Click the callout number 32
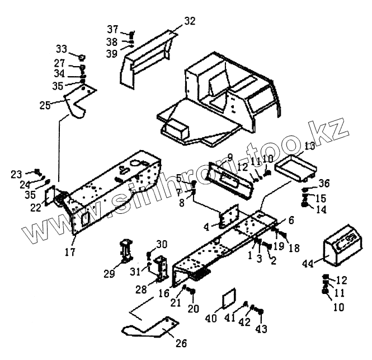click(x=190, y=21)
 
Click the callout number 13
click(x=309, y=146)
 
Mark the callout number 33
click(x=60, y=49)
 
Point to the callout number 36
click(x=324, y=183)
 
